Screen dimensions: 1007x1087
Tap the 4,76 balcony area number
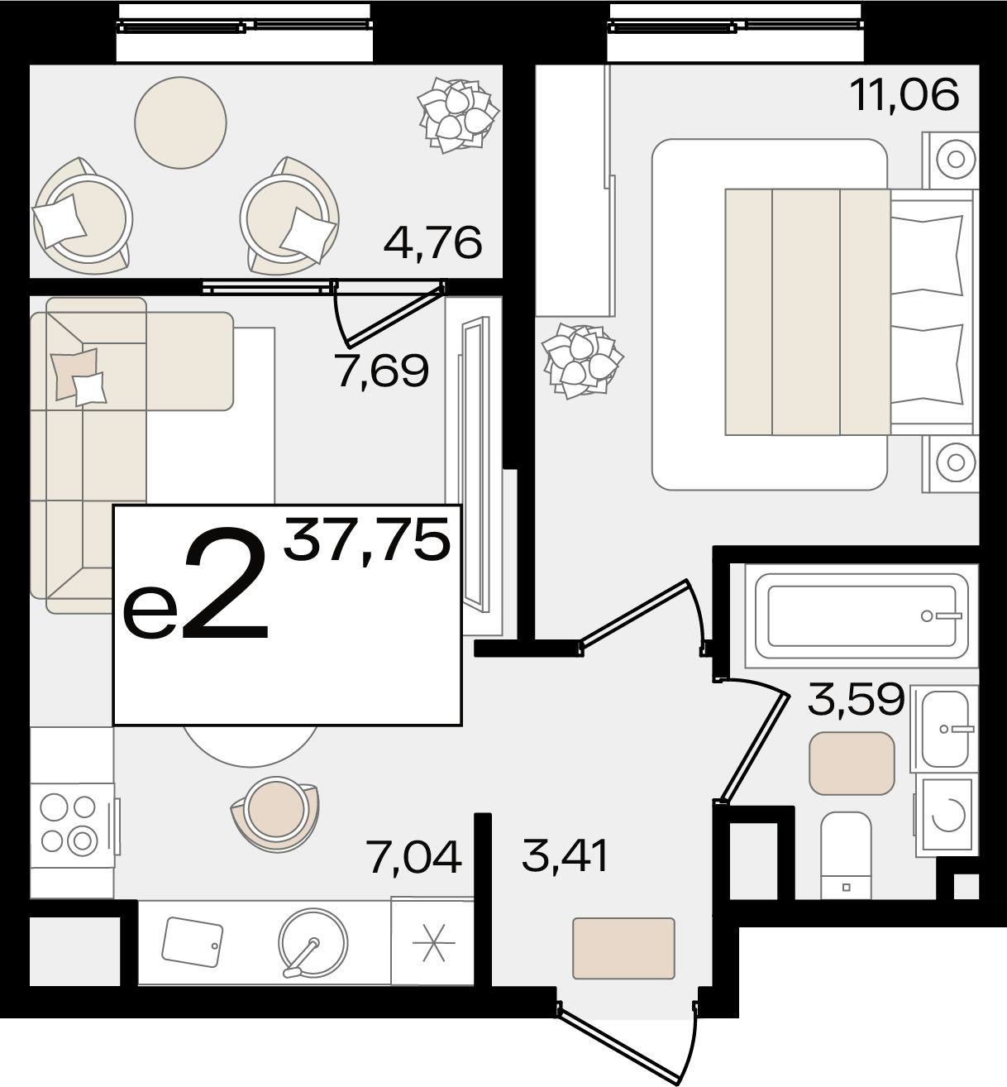tap(433, 243)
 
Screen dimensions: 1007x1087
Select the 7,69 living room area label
tap(383, 371)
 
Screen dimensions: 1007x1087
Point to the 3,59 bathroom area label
tap(856, 700)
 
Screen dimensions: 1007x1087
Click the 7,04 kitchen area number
tap(414, 858)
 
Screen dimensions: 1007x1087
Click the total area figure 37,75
tap(367, 539)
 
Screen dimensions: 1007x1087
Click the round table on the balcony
tap(180, 122)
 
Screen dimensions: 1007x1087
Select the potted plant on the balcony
tap(458, 115)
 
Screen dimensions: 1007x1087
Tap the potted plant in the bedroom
tap(582, 361)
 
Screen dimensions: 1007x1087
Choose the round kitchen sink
tap(313, 943)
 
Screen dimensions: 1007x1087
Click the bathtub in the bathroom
tap(861, 615)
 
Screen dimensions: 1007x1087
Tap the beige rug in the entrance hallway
tap(623, 949)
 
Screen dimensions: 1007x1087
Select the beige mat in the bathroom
tap(852, 764)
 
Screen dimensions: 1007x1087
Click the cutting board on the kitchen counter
tap(192, 942)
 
